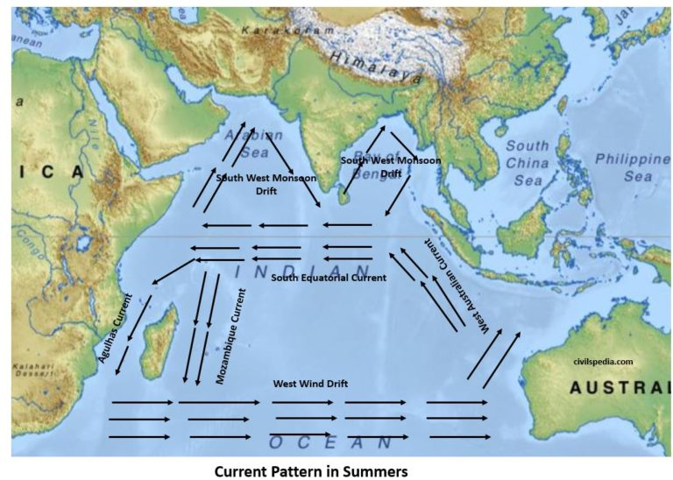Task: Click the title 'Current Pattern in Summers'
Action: (311, 469)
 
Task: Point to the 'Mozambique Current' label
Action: (230, 336)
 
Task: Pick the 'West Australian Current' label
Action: (456, 286)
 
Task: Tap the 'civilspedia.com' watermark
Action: (603, 360)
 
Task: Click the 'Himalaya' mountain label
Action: (370, 67)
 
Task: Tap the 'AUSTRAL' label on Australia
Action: (618, 387)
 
